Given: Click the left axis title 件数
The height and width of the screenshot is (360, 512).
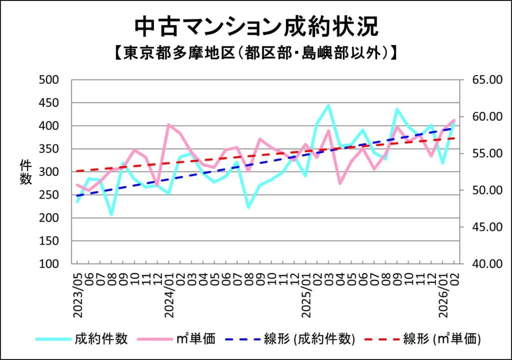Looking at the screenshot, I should tap(25, 171).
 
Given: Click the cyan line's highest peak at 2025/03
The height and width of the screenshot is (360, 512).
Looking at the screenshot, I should tap(328, 105).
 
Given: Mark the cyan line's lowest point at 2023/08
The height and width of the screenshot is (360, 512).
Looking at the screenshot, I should tap(111, 214).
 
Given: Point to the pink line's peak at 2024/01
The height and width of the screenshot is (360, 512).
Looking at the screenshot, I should tap(168, 124).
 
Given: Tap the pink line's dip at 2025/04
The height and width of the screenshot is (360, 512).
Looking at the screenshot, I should tap(339, 183).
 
